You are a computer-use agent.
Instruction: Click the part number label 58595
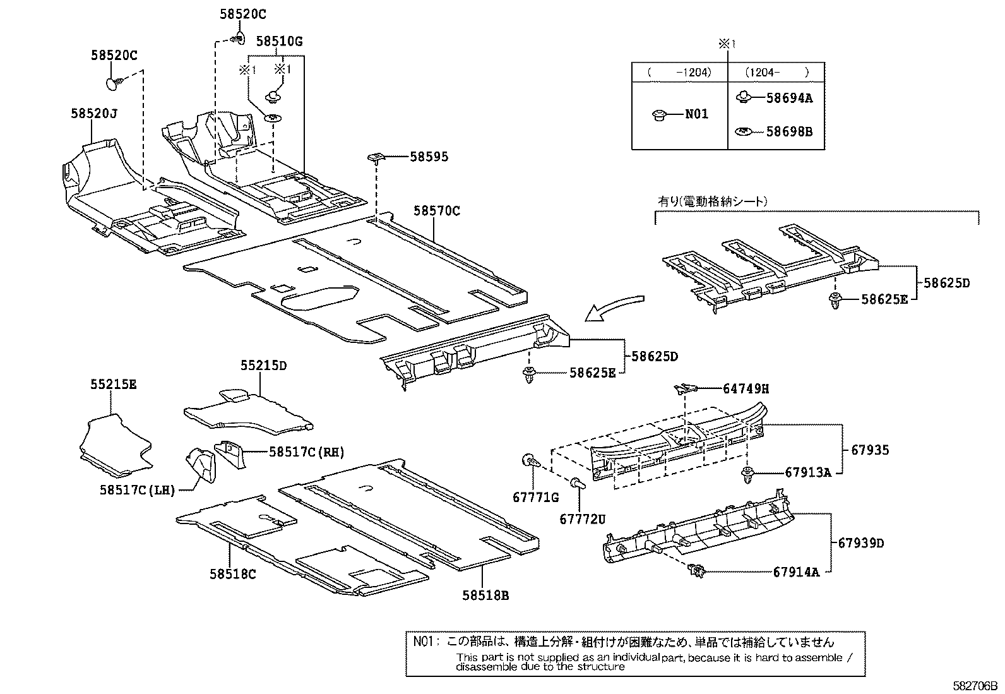[429, 157]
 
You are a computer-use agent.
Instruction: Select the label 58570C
[437, 211]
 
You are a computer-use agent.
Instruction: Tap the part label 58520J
[94, 113]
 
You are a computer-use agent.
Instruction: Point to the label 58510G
[279, 42]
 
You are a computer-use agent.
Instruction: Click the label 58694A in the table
[789, 98]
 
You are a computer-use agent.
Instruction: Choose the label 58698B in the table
[789, 131]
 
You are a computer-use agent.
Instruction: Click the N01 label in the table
[697, 114]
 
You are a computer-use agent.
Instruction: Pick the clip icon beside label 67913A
[749, 474]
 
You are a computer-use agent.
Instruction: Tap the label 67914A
[796, 572]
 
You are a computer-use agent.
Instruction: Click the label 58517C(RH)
[306, 452]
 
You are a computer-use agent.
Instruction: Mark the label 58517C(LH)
[136, 489]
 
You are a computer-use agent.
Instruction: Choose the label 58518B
[485, 594]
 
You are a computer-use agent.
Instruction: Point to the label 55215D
[263, 366]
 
